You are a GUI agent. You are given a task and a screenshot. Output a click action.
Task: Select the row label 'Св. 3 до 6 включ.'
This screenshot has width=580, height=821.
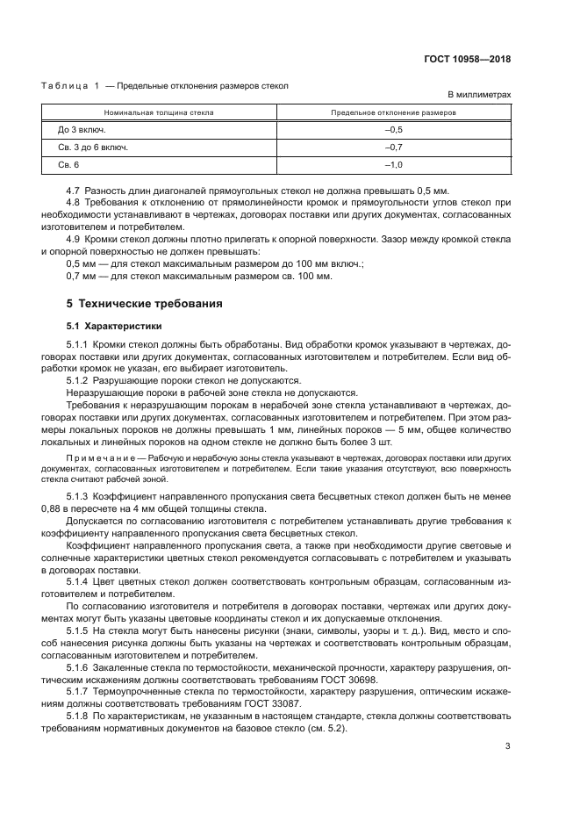(93, 148)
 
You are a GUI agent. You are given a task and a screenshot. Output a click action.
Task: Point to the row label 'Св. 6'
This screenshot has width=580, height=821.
(68, 165)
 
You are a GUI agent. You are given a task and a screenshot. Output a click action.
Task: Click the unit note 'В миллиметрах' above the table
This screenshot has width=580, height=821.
(479, 95)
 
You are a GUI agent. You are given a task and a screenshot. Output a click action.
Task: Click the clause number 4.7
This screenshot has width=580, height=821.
(74, 191)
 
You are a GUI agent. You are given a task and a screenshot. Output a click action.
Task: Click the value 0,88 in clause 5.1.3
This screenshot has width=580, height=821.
(53, 509)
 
